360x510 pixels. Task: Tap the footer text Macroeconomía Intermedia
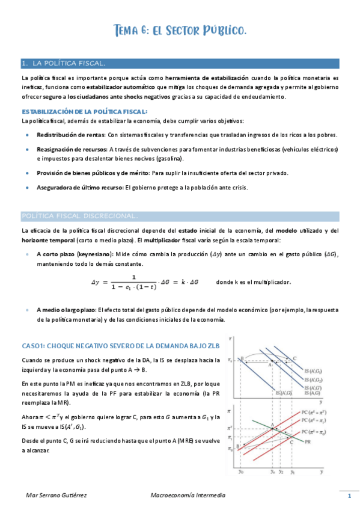point(188,496)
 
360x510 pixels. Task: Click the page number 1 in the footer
point(349,496)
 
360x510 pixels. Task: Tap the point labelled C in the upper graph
point(294,359)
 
